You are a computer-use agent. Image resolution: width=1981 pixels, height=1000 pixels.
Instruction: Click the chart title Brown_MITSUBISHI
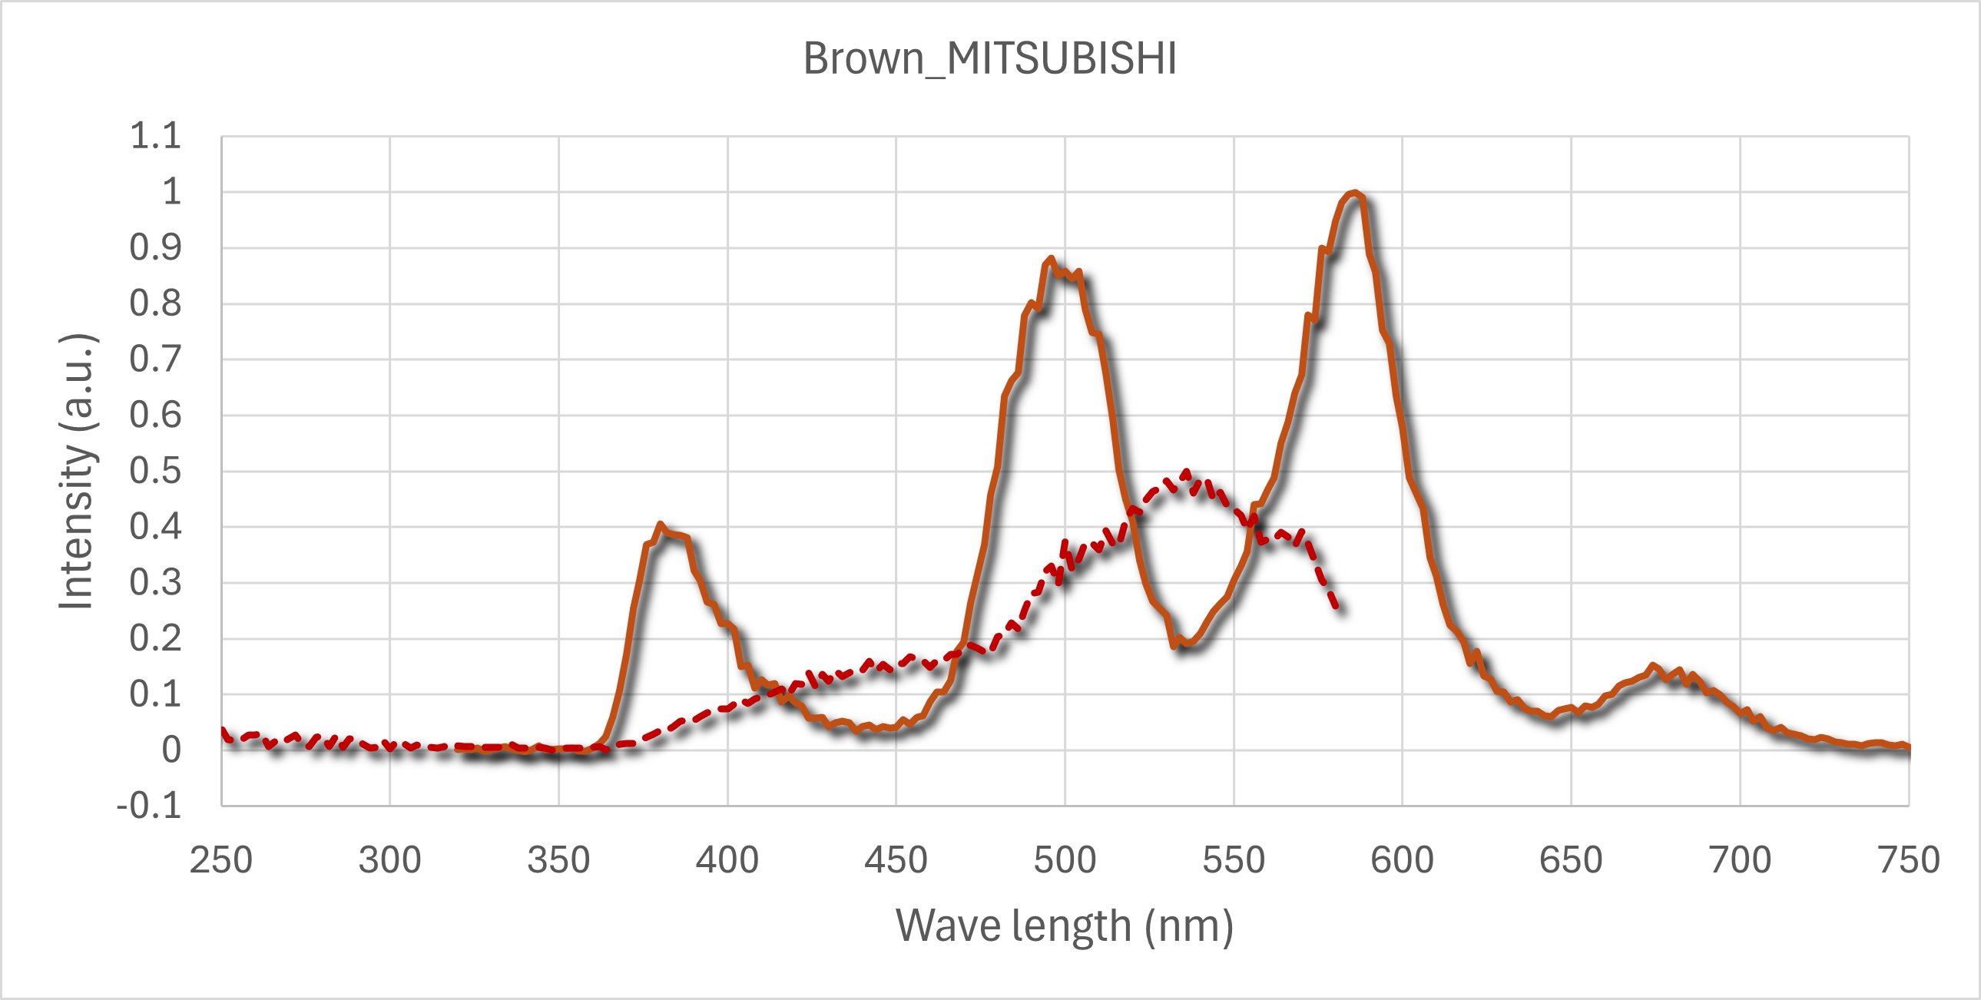pos(989,58)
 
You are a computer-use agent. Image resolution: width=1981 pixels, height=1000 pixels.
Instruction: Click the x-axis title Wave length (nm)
pos(1065,925)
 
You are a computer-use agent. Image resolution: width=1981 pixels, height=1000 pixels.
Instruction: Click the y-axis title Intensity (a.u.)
pos(77,472)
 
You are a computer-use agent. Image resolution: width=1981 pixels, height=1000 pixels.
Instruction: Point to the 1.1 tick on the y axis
pos(155,136)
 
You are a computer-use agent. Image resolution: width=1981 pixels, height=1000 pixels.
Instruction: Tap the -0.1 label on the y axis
pos(149,806)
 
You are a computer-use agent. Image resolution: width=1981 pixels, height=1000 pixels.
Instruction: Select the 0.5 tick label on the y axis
pos(155,471)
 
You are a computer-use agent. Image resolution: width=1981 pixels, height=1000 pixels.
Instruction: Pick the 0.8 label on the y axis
pos(155,304)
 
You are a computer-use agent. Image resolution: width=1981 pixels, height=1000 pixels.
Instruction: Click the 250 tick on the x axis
pos(221,860)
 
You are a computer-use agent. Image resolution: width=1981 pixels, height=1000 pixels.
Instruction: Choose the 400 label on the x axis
pos(727,860)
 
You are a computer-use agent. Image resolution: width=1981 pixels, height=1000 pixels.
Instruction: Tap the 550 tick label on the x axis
pos(1234,860)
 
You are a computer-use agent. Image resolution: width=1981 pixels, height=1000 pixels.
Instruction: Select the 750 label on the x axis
pos(1909,860)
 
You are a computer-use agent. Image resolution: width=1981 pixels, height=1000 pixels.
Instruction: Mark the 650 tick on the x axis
pos(1571,860)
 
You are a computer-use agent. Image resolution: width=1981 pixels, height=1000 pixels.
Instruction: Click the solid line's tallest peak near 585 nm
pos(1354,193)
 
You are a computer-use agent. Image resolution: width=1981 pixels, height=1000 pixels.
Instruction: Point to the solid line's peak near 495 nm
pos(1051,260)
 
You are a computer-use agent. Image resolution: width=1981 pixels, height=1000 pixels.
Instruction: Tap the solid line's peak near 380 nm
pos(660,525)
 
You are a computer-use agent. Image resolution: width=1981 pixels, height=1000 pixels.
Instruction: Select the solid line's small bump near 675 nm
pos(1654,666)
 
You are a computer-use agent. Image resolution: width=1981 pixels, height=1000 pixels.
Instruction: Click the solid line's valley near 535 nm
pos(1187,642)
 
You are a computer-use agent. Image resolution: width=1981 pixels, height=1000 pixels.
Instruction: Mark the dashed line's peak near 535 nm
pos(1186,472)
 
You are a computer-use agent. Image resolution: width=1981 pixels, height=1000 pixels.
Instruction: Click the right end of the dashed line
pos(1340,608)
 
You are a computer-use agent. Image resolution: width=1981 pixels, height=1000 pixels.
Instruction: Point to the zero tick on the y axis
pos(171,750)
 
